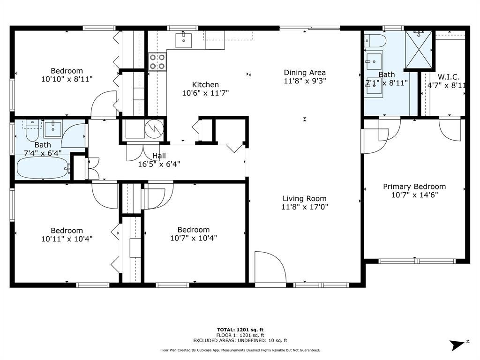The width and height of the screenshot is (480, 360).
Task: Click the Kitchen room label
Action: (x=205, y=84)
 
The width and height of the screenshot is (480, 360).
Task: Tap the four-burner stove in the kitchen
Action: (x=157, y=61)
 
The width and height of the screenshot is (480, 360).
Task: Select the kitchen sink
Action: (x=184, y=41)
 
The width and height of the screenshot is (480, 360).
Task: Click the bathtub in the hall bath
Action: (x=42, y=168)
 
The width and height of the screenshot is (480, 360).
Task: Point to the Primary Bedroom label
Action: (x=414, y=187)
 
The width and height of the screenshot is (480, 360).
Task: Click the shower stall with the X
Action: (x=419, y=49)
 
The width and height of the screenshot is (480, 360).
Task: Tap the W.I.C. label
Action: (x=449, y=77)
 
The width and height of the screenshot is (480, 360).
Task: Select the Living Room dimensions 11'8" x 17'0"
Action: (x=305, y=207)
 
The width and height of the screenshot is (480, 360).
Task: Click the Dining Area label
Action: (x=305, y=73)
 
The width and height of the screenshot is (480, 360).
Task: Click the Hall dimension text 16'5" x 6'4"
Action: (x=159, y=164)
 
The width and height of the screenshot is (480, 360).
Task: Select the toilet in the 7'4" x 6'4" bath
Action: (x=32, y=131)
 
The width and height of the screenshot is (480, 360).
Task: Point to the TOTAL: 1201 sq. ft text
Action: (x=240, y=330)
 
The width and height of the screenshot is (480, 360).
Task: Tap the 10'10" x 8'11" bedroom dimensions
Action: (x=67, y=79)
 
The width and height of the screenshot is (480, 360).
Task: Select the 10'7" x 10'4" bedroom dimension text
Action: (x=194, y=238)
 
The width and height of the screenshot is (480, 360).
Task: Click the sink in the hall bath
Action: (x=53, y=129)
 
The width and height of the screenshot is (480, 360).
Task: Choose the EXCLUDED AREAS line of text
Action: (x=240, y=340)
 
